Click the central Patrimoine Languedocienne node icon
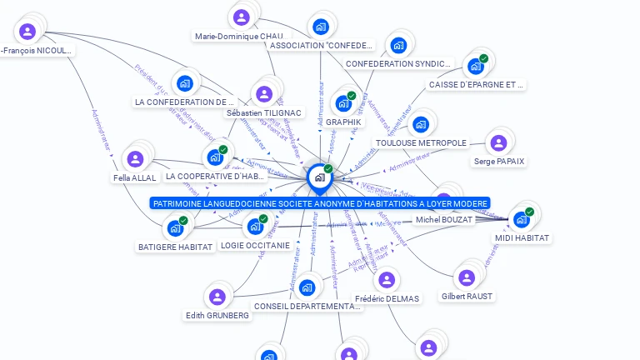tap(319, 177)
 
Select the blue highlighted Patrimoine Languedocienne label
tap(320, 203)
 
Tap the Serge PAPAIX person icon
tap(498, 143)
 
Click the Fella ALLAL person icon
tap(134, 159)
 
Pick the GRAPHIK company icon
tap(343, 104)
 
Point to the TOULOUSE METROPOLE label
tap(421, 143)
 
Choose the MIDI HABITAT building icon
tap(521, 220)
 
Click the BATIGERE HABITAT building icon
tap(175, 228)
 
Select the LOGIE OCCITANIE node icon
tap(255, 227)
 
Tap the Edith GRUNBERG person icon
tap(217, 297)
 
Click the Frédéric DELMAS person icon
tap(387, 280)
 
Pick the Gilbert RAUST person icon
tap(467, 278)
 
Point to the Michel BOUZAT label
tap(444, 220)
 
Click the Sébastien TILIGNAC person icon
tap(264, 94)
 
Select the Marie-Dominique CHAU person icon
tap(242, 17)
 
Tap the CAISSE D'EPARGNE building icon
tap(476, 67)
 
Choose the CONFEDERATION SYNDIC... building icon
tap(398, 45)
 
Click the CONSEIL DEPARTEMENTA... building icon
tap(307, 288)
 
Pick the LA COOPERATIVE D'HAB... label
tap(215, 177)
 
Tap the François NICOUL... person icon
tap(27, 32)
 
